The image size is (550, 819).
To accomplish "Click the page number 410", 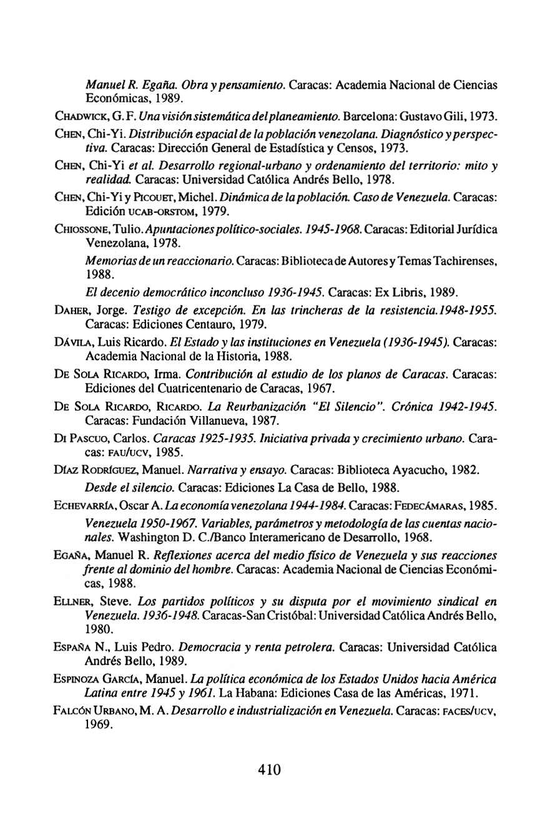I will point(269,769).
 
